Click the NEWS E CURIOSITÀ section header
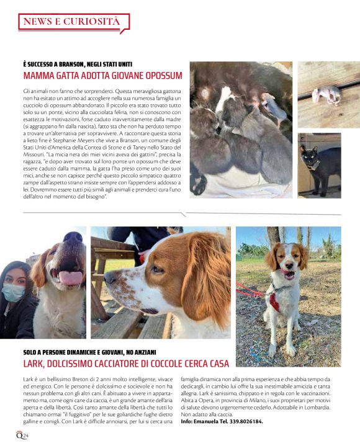72,22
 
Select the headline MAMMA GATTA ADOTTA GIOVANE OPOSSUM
102,76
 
